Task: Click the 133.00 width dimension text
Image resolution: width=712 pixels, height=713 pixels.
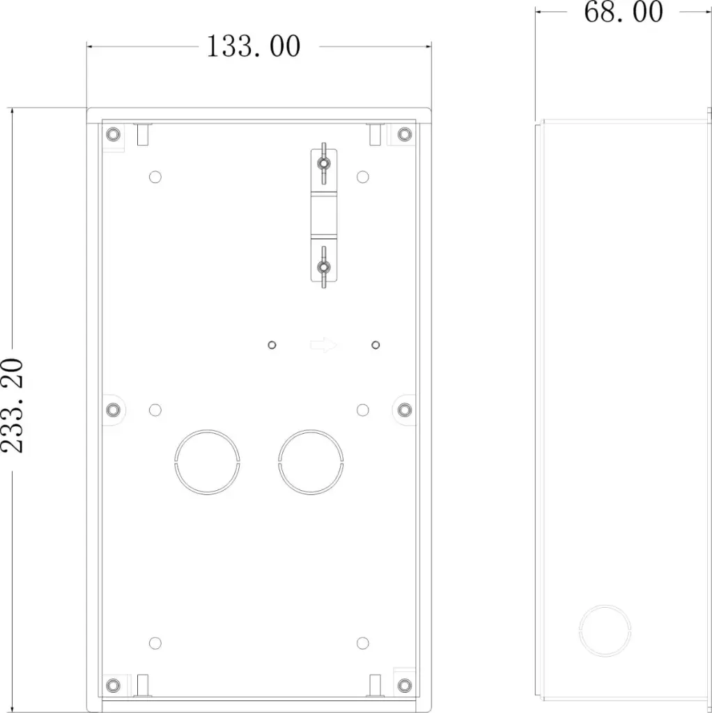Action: tap(254, 47)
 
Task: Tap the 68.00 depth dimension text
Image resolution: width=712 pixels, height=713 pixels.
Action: tap(624, 13)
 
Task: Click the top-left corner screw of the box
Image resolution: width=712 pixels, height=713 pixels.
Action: tap(114, 134)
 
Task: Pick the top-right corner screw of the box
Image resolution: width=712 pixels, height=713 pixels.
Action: tap(405, 134)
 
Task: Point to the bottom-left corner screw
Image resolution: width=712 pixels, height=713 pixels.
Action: tap(114, 685)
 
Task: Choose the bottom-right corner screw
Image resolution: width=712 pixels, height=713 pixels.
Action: tap(405, 685)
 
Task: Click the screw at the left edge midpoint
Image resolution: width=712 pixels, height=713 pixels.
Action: tap(114, 409)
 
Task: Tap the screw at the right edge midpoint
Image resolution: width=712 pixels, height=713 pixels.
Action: tap(405, 409)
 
